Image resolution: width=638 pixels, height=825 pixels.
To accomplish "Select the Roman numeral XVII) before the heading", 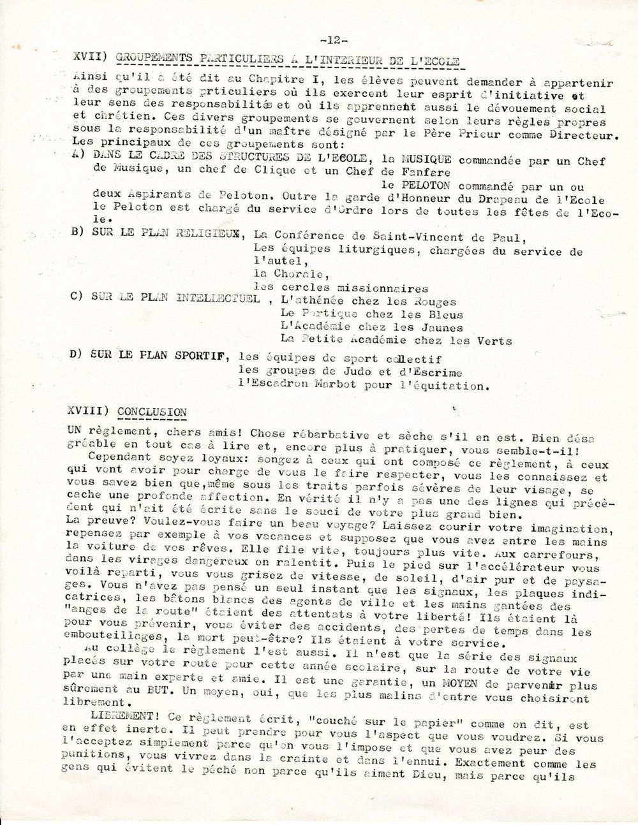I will click(90, 59).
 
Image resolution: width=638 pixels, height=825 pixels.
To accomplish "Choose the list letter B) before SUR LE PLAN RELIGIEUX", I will click(78, 231).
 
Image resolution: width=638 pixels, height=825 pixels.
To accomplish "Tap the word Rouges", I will click(433, 302).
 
